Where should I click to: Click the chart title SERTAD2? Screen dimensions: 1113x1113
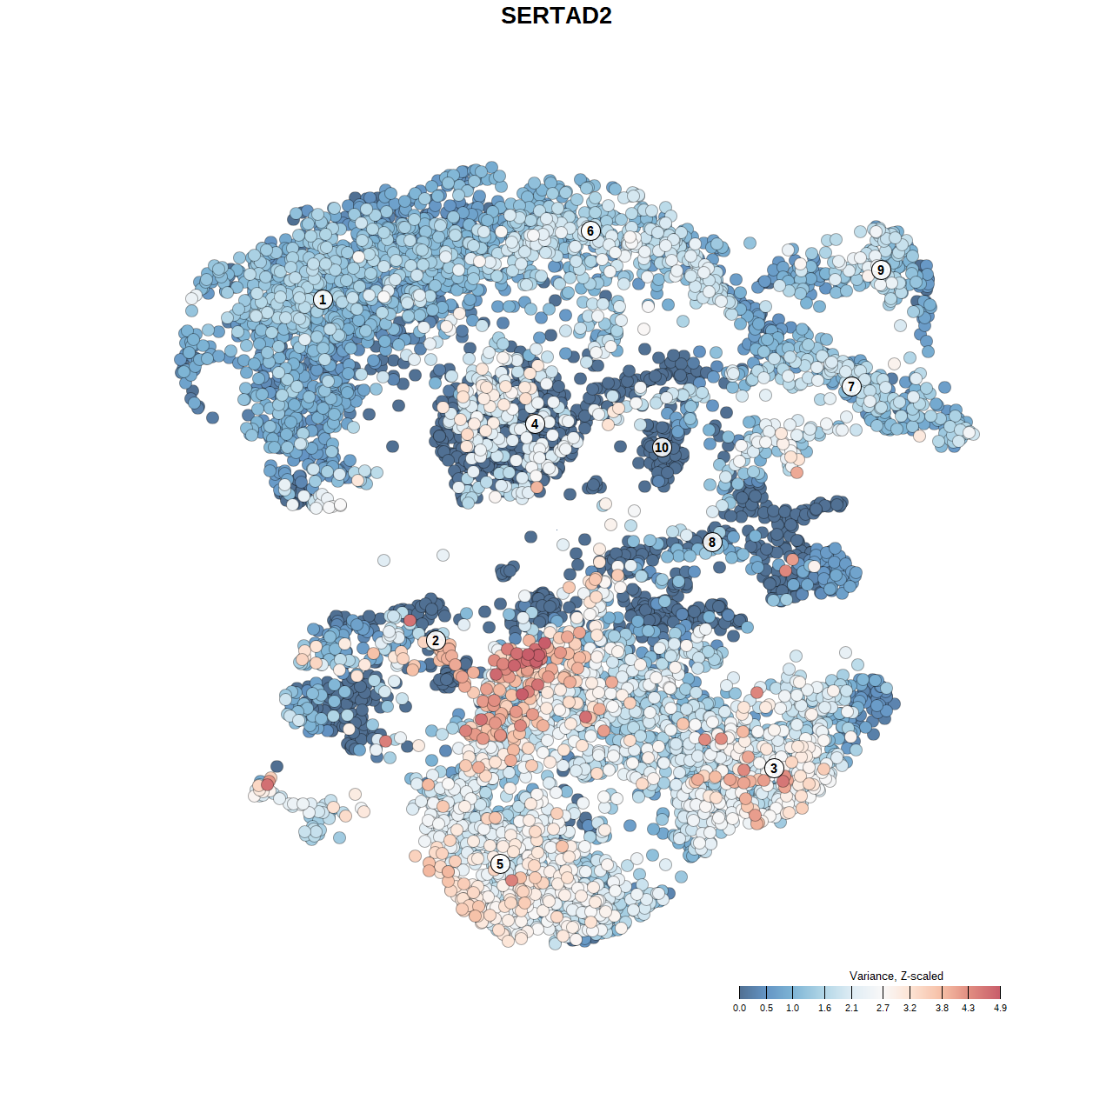556,16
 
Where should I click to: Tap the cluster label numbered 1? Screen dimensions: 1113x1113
323,300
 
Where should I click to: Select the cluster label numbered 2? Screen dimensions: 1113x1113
436,641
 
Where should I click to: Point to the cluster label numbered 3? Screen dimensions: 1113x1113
774,768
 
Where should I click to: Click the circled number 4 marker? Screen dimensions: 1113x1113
535,424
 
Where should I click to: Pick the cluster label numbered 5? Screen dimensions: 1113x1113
500,863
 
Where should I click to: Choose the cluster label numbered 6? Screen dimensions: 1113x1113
590,230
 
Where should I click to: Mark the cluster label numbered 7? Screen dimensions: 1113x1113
851,387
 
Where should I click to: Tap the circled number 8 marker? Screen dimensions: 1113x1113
712,543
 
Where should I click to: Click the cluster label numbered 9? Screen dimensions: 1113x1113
881,270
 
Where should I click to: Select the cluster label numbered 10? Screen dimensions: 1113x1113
662,448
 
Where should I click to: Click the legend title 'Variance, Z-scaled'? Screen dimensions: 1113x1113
896,976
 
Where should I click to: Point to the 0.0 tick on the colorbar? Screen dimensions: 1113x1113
739,1008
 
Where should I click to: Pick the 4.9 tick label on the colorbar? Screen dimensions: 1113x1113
1000,1008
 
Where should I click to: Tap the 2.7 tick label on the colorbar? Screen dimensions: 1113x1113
883,1008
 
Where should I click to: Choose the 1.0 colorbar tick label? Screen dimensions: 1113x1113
793,1008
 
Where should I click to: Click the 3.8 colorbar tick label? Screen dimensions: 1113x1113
942,1008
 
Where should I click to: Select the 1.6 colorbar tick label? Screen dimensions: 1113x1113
824,1008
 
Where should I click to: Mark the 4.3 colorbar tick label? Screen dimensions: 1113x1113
968,1008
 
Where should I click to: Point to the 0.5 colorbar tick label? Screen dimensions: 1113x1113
766,1008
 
